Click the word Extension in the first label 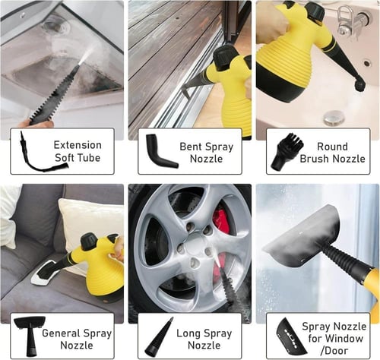(x=78, y=145)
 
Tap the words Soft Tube (x=78, y=158)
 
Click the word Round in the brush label (x=332, y=147)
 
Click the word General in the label (x=61, y=333)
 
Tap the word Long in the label (x=188, y=333)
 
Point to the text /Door (x=334, y=351)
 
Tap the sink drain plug (x=332, y=118)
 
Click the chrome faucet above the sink (x=351, y=21)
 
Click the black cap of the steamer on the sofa (x=88, y=240)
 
